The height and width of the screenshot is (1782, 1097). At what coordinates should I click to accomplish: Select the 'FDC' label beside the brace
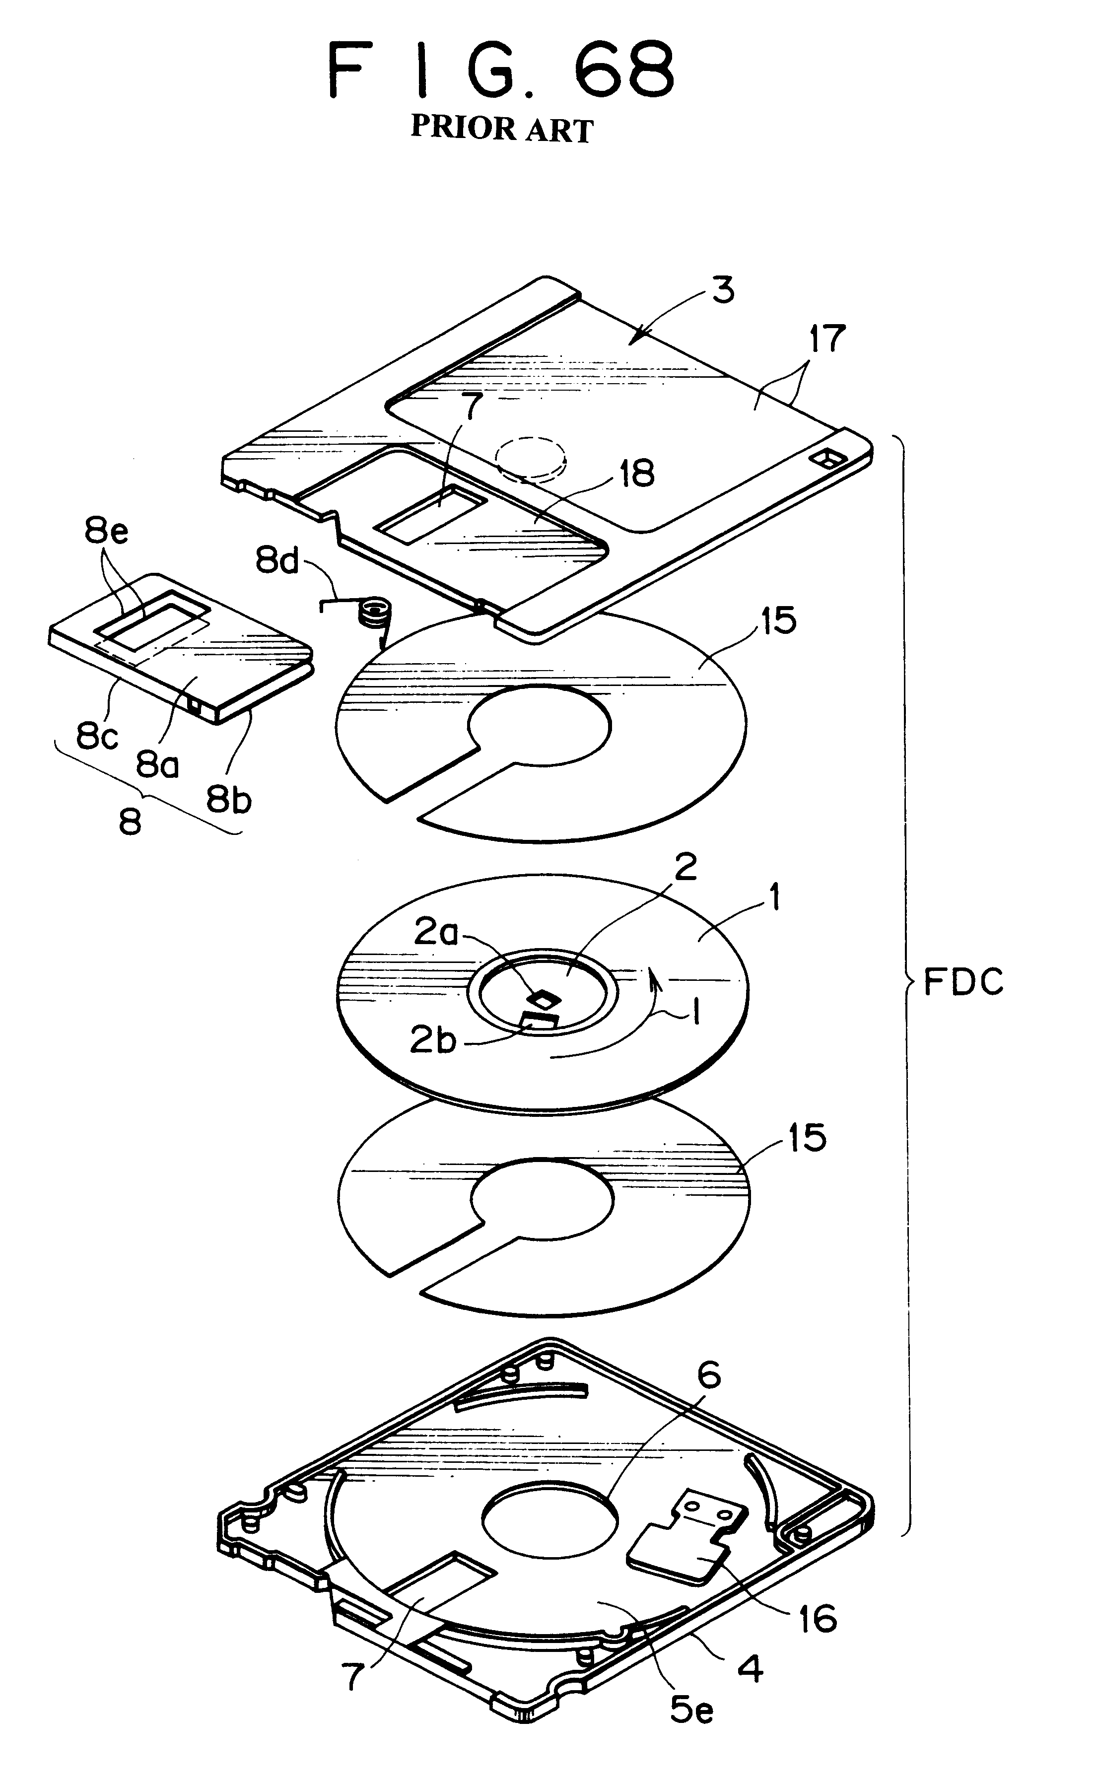[963, 983]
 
